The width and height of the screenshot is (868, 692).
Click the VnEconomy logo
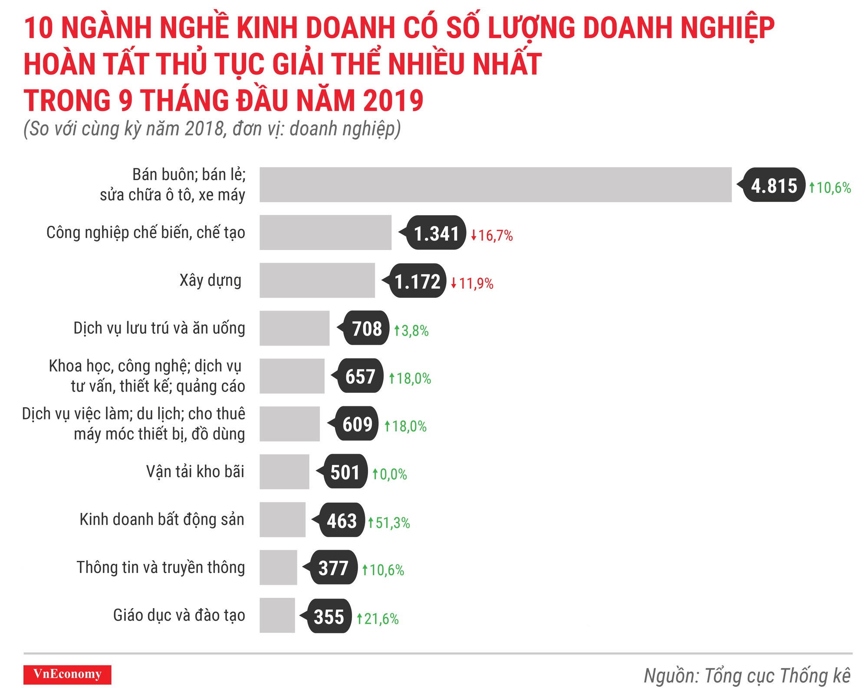[x=67, y=674]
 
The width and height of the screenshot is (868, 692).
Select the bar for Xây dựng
[x=317, y=280]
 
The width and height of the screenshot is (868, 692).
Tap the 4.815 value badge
[x=774, y=185]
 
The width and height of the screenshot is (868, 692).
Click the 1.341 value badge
[x=436, y=233]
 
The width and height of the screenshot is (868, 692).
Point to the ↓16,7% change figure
[x=492, y=236]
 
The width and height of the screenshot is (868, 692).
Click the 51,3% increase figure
[x=389, y=522]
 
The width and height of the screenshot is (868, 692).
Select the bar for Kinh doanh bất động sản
[x=283, y=519]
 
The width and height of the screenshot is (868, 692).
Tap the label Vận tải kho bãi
[x=195, y=471]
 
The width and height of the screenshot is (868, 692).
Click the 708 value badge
[x=366, y=328]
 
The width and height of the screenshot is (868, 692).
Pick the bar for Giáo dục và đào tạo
[x=277, y=615]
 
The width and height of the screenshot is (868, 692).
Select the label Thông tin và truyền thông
[x=161, y=567]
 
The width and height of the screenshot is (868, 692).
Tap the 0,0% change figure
[x=390, y=474]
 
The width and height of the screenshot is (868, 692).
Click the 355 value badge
[x=329, y=616]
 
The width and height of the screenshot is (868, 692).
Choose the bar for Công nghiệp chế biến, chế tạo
[x=325, y=232]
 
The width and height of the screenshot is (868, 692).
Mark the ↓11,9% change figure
[x=472, y=283]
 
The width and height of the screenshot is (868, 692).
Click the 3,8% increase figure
[x=411, y=331]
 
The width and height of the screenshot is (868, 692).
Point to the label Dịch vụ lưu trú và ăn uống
[x=159, y=328]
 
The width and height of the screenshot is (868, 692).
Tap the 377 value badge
[x=333, y=568]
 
